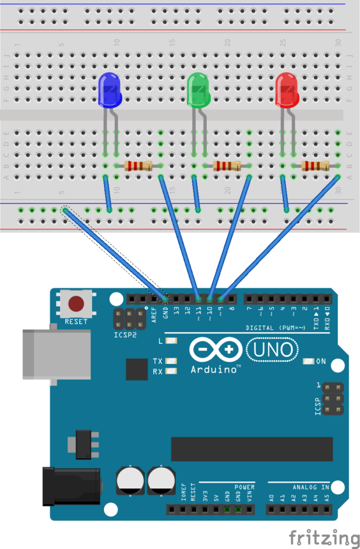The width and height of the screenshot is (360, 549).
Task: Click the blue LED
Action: (110, 90)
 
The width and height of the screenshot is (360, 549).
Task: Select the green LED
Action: (199, 90)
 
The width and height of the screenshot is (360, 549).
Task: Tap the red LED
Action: (287, 90)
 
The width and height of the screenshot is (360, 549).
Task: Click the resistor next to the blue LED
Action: (138, 166)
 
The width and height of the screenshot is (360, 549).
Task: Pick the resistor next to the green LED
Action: (227, 166)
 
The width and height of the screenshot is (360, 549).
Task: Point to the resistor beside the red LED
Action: (315, 166)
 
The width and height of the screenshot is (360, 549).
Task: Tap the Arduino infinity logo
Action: (214, 350)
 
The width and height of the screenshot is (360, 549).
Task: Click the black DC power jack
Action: (71, 486)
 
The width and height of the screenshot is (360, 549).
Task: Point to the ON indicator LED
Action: (308, 361)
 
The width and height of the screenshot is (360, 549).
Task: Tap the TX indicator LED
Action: (171, 361)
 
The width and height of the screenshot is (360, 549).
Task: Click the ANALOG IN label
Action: (311, 487)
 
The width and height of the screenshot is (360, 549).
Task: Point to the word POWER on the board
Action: (244, 487)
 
